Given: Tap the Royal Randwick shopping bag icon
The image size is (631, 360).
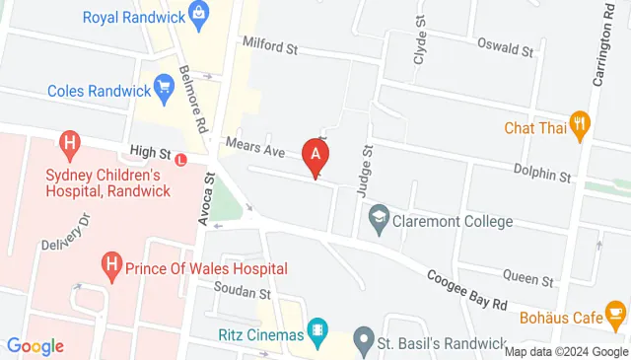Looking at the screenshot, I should point(200,16).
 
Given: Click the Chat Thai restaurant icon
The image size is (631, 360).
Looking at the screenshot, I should point(585,125).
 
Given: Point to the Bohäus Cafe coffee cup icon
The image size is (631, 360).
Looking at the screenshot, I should point(615,317).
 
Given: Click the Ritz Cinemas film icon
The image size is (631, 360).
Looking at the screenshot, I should point(317,332).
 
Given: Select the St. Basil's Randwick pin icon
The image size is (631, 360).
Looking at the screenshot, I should point(363,343).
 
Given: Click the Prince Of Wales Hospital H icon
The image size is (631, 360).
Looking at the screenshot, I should point(111,265).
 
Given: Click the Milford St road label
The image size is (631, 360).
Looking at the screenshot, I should point(269,46).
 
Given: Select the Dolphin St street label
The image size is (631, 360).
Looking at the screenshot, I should point(542,175).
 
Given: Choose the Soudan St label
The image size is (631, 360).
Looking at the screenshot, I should point(243,292).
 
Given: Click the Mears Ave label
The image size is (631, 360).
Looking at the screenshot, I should point(254,150).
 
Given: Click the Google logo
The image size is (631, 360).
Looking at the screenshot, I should point(35,345).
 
